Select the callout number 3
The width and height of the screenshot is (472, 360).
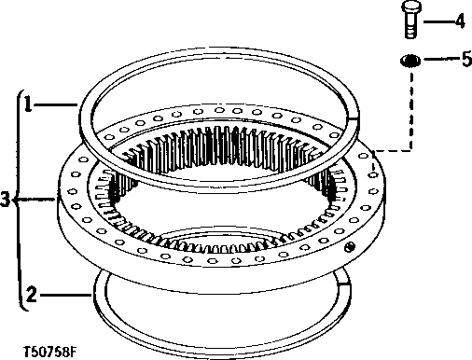point(6,198)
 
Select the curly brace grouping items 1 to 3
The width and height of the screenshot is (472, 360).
point(17,198)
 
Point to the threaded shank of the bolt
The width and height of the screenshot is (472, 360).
point(410,28)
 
